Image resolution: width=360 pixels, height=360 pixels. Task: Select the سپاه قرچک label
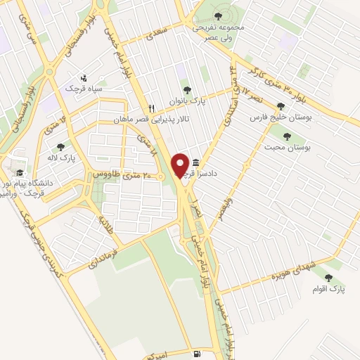coord(84,89)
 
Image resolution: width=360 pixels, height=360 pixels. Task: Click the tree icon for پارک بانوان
coord(186,89)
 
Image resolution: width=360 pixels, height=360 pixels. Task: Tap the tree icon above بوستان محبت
coord(286,136)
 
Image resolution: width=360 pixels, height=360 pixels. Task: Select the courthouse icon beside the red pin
coord(195,163)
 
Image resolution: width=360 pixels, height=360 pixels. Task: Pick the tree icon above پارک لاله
coord(60,147)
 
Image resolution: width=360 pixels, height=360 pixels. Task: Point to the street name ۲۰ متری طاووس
coord(128,174)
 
